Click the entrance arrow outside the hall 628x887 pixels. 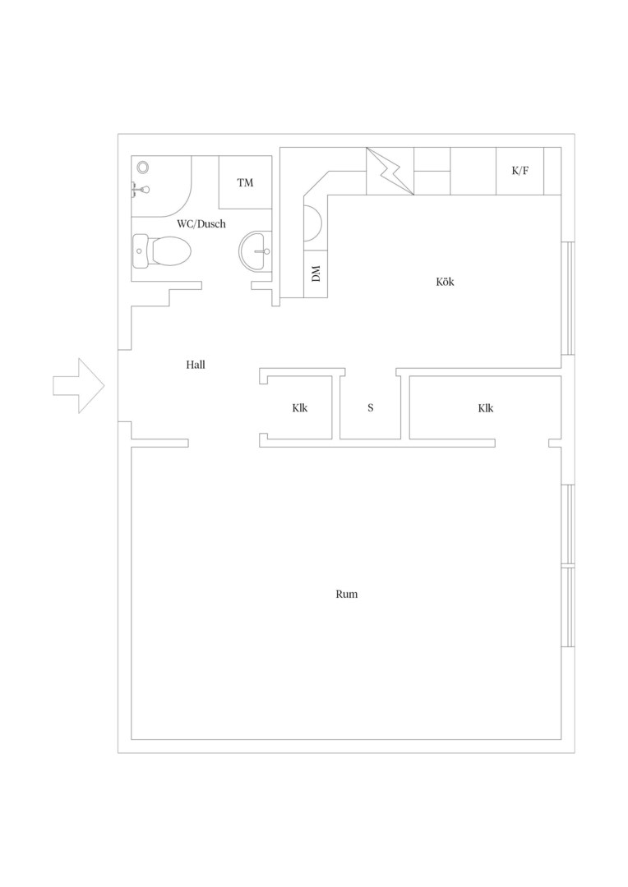(x=79, y=386)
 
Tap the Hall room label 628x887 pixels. (x=196, y=365)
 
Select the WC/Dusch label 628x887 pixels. (x=201, y=224)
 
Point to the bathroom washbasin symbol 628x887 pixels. (x=256, y=252)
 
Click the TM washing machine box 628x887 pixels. (x=245, y=182)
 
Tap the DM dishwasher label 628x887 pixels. (x=316, y=273)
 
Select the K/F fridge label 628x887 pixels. (x=519, y=170)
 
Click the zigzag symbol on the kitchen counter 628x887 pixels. (x=390, y=171)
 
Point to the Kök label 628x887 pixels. (x=445, y=282)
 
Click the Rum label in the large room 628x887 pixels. (x=347, y=594)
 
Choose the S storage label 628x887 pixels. (x=371, y=408)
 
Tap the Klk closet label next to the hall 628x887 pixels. (x=300, y=408)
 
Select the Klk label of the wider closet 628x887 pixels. (x=486, y=408)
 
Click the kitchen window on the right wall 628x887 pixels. (x=568, y=298)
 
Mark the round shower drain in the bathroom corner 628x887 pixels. (x=143, y=167)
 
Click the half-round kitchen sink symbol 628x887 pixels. (x=314, y=223)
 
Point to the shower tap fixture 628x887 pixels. (x=140, y=190)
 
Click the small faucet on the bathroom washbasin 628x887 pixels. (x=264, y=252)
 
